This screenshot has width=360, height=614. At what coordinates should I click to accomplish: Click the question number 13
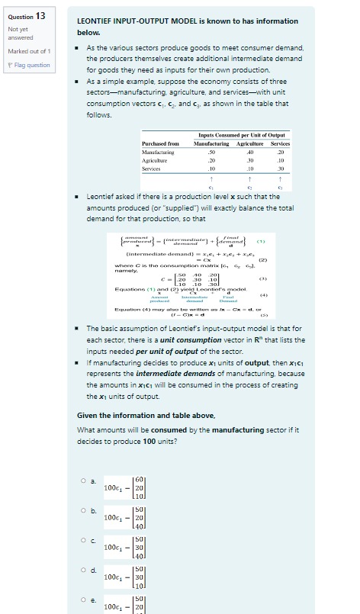point(40,15)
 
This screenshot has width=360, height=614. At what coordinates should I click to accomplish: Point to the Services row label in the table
point(153,169)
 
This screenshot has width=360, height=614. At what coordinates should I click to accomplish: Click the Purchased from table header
point(160,143)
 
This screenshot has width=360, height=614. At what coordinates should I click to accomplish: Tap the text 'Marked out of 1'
point(29,51)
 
